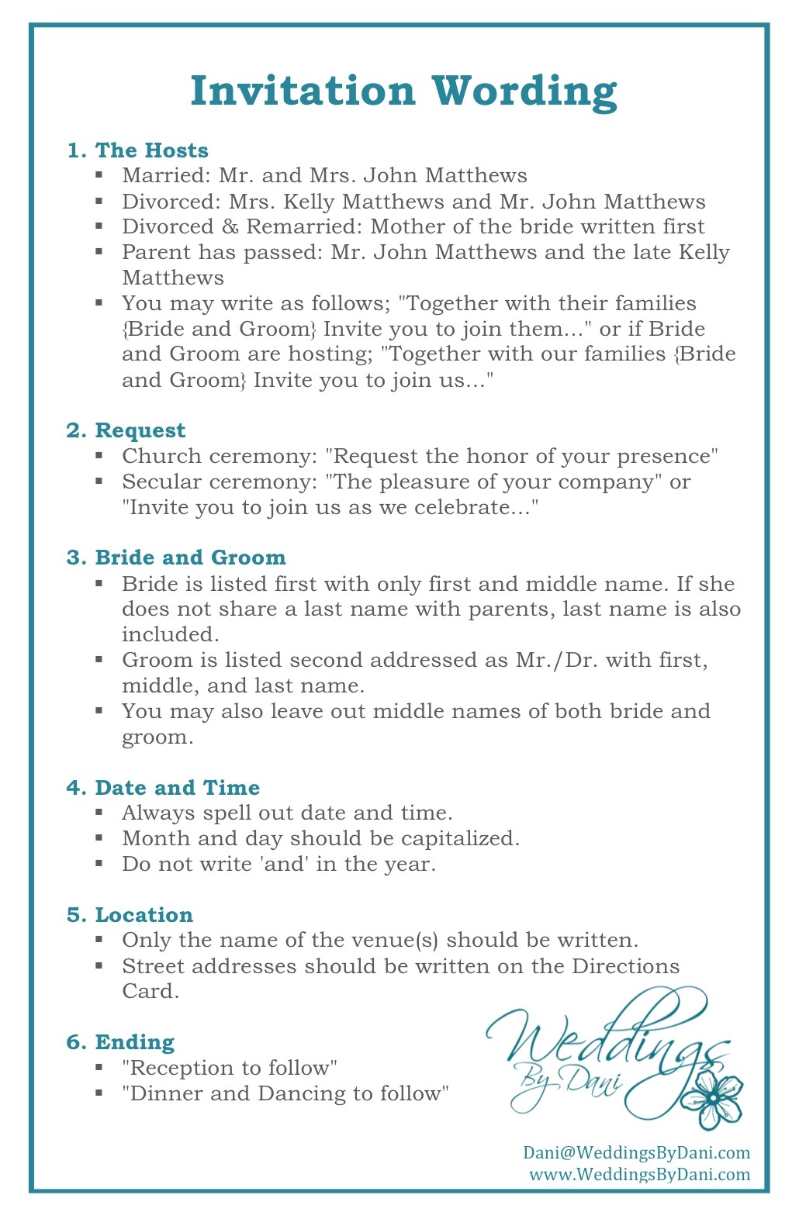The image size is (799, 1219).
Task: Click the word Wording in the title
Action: coord(524,92)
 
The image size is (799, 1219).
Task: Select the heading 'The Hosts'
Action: coord(151,150)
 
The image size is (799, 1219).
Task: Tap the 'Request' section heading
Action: coord(140,430)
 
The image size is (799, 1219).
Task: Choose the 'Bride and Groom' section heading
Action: coord(190,558)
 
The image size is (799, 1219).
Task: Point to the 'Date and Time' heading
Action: coord(177,788)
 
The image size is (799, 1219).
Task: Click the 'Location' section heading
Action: coord(144,915)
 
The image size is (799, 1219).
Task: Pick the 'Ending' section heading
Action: coord(134,1042)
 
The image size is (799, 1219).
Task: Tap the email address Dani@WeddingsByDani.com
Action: coord(636,1152)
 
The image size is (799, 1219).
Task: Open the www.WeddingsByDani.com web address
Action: coord(639,1174)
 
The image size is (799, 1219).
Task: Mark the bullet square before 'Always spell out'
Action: coord(99,813)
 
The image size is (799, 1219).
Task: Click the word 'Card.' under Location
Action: coord(150,992)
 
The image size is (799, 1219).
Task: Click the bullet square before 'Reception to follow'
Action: coord(99,1068)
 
